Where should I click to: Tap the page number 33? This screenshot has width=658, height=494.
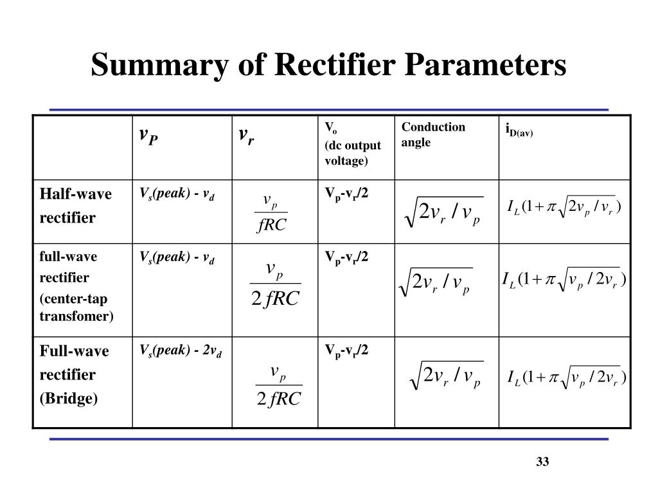click(x=542, y=462)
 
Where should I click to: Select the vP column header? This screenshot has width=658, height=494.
click(x=148, y=136)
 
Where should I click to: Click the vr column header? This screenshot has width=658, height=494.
click(x=246, y=136)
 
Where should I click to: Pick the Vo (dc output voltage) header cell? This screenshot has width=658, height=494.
click(x=352, y=143)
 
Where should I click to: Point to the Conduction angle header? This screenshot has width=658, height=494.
click(x=433, y=134)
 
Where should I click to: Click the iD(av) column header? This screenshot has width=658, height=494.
click(x=519, y=133)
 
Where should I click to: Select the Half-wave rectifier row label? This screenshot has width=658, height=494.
click(x=76, y=206)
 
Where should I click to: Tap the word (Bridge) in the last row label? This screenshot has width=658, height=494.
click(x=69, y=399)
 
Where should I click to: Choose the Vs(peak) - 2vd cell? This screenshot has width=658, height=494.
click(x=181, y=351)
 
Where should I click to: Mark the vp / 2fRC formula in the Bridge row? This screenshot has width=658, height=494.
click(x=278, y=385)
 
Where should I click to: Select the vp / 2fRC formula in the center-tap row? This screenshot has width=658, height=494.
click(x=275, y=284)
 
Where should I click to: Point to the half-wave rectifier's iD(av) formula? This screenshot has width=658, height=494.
click(x=564, y=206)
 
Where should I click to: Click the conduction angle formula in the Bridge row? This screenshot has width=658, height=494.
click(x=445, y=376)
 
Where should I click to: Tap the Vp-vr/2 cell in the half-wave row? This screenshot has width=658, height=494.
click(x=346, y=194)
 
